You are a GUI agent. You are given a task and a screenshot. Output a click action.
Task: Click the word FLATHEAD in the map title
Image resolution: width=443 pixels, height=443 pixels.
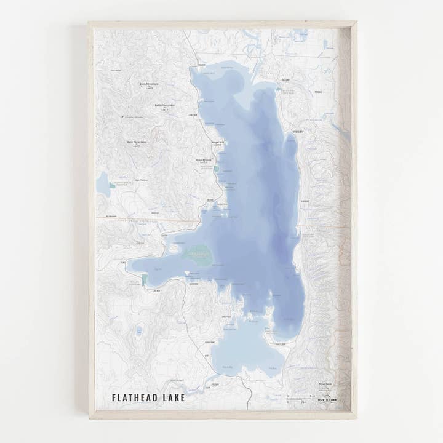click(x=136, y=397)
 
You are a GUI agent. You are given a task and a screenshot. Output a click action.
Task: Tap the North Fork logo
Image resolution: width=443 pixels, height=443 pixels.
click(x=327, y=397)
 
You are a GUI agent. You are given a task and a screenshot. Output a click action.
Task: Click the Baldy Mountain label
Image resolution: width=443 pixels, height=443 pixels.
click(x=164, y=105)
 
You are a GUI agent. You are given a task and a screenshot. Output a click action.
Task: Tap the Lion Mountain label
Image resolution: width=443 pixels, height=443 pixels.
click(x=149, y=84)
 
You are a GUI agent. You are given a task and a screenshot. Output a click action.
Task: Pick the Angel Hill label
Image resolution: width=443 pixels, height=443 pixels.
click(x=218, y=142)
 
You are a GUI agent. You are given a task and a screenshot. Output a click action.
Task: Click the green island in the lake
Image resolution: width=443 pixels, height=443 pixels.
click(x=198, y=254)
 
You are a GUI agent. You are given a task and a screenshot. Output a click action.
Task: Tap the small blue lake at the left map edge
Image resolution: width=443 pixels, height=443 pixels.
click(x=103, y=184)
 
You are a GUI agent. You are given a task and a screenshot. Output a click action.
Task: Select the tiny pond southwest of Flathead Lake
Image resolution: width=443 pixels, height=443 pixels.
click(x=139, y=331)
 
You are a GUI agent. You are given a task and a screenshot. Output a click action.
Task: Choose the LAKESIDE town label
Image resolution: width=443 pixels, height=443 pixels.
click(x=193, y=114)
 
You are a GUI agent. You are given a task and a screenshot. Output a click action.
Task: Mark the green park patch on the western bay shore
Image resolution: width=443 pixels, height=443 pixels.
click(x=144, y=280)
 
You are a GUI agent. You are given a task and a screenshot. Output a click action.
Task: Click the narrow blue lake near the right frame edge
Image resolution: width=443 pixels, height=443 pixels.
click(x=339, y=130)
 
